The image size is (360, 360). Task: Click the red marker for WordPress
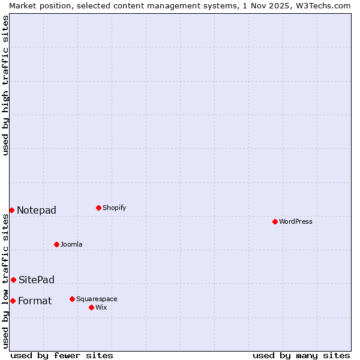point(275,221)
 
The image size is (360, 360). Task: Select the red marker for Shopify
point(99,208)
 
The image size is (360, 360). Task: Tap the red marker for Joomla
point(57,244)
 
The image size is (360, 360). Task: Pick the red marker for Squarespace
point(73,299)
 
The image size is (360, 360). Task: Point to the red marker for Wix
point(92,307)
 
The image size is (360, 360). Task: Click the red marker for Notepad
point(11,210)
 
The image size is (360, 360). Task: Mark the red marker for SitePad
point(13,280)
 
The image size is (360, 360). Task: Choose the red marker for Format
point(13,301)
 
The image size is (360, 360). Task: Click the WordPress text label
point(296,221)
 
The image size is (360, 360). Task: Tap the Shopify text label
point(115,208)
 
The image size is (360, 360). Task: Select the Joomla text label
point(71,244)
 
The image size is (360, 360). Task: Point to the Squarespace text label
point(97,299)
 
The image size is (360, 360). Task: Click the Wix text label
point(101,307)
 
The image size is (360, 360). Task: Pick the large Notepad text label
point(37,210)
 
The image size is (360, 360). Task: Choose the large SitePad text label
point(37,280)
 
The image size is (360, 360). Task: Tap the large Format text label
point(35,301)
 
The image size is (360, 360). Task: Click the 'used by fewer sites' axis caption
point(62,355)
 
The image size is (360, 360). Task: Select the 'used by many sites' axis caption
point(301,355)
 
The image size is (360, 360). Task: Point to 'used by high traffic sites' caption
point(5,85)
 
